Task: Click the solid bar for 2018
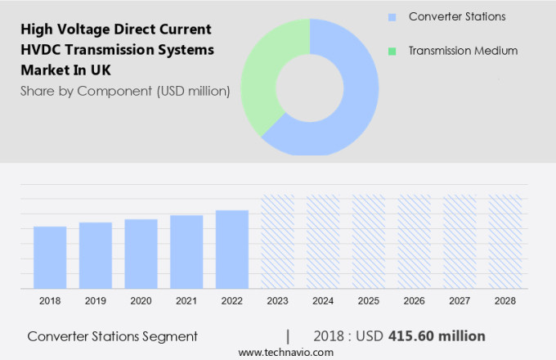(x=50, y=256)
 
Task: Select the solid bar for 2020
(x=141, y=253)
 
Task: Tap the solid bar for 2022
(x=232, y=249)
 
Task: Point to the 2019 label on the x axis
(x=96, y=301)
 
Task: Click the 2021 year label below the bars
(x=186, y=301)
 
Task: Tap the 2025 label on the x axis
(x=369, y=301)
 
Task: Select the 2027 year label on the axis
(x=460, y=301)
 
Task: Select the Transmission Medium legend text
(x=463, y=51)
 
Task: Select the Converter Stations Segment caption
(x=112, y=336)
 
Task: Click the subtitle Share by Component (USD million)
(x=125, y=91)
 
